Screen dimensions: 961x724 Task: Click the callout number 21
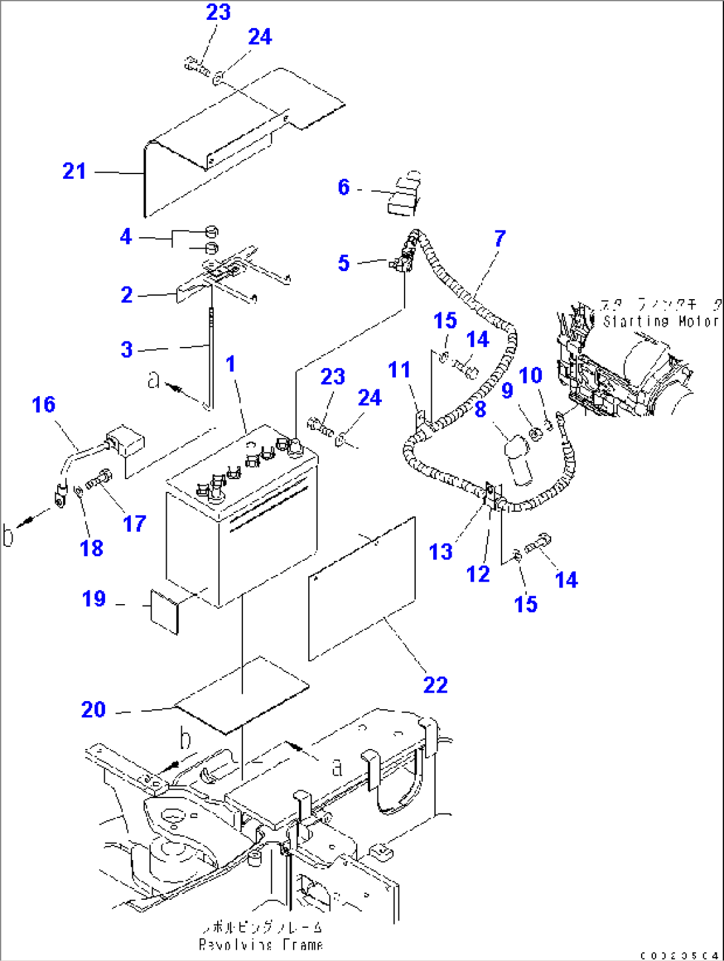click(x=74, y=171)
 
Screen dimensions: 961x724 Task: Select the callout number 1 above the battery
click(x=230, y=364)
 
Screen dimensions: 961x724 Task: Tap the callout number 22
click(x=436, y=685)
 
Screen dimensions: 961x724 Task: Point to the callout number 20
click(x=94, y=710)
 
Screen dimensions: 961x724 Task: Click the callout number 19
click(x=94, y=599)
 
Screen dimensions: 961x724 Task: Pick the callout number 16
click(x=44, y=405)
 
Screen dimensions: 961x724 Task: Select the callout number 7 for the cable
click(x=500, y=239)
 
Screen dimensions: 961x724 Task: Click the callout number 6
click(x=343, y=187)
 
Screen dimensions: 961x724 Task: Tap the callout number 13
click(x=440, y=552)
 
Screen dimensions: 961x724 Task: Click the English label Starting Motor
click(x=660, y=322)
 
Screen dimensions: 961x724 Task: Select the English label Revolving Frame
click(x=261, y=944)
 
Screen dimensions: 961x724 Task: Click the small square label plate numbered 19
click(x=165, y=610)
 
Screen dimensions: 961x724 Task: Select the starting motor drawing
click(x=624, y=372)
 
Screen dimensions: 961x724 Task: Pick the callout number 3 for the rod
click(x=127, y=350)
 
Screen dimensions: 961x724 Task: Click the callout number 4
click(x=126, y=237)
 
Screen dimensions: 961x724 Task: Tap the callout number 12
click(x=478, y=574)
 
